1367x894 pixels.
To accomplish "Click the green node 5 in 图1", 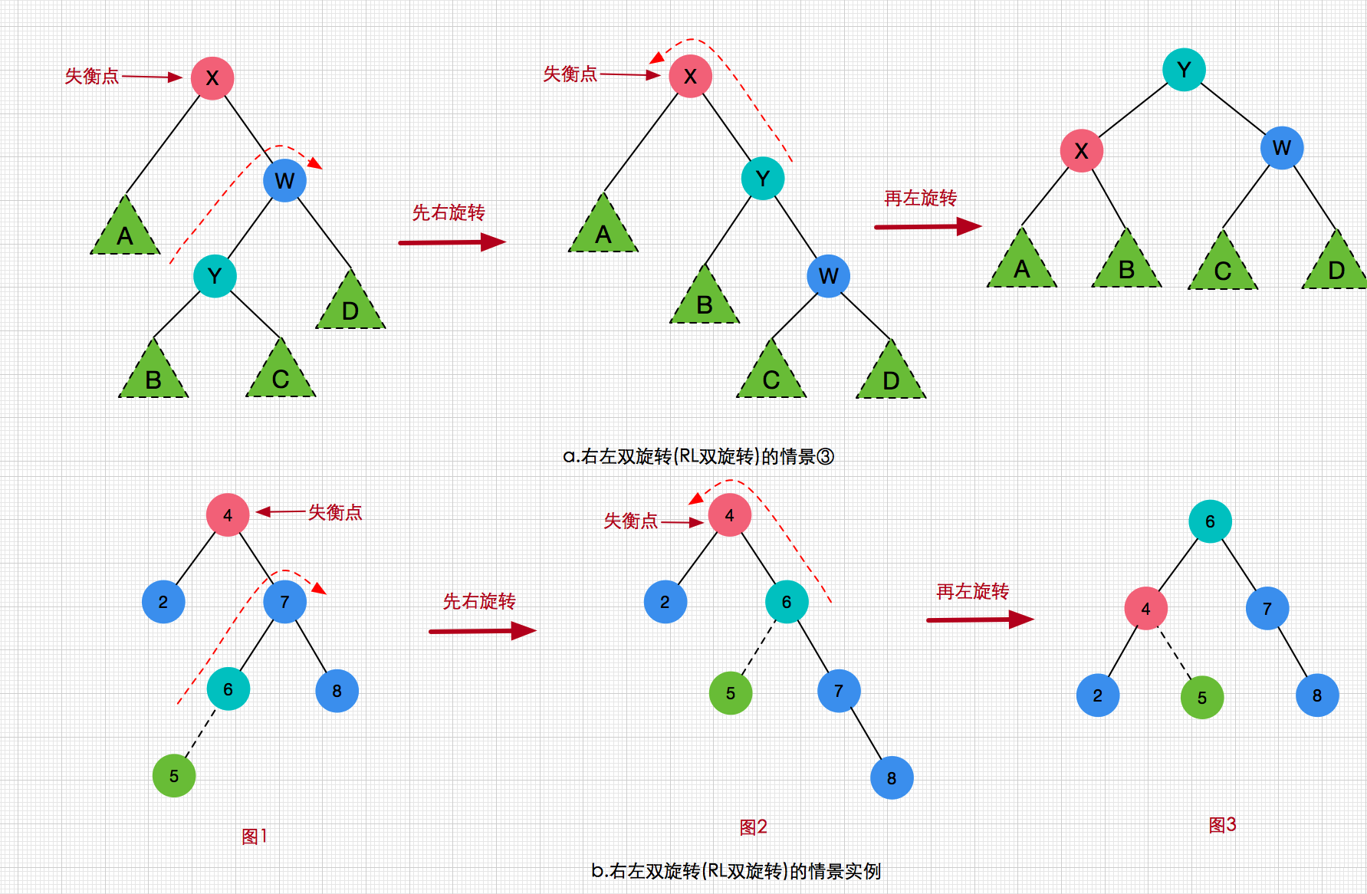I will click(x=174, y=775).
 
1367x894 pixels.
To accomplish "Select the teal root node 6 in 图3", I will click(x=1210, y=521).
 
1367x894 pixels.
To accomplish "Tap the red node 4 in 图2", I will click(x=729, y=515).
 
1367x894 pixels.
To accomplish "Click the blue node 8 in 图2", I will click(x=892, y=777).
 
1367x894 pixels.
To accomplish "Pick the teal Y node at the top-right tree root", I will click(x=1184, y=70).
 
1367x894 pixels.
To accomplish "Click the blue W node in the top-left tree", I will click(x=284, y=181).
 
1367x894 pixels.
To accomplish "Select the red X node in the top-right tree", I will click(x=1081, y=150).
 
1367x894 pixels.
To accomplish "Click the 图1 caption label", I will click(x=255, y=836).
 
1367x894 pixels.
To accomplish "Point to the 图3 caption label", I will click(x=1222, y=825).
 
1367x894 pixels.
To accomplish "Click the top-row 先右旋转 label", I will click(x=449, y=212).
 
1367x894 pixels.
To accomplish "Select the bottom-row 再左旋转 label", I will click(x=972, y=591).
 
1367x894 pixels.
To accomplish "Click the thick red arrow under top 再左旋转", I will click(x=928, y=226).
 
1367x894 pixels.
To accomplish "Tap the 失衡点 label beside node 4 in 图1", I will click(x=335, y=512).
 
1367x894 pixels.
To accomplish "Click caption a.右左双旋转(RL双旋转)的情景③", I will click(x=698, y=456).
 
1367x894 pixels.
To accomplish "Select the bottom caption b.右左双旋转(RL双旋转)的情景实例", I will click(x=736, y=871).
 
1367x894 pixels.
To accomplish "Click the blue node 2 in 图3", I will click(x=1097, y=695).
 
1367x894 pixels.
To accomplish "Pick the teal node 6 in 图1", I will click(x=228, y=689).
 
